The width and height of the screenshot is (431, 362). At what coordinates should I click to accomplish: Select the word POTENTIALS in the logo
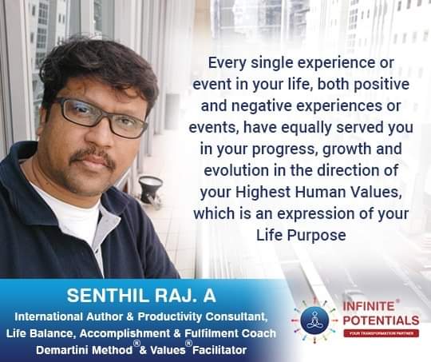381,320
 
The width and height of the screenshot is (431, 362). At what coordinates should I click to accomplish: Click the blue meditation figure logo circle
314,320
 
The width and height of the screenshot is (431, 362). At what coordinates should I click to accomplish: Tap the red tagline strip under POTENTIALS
381,333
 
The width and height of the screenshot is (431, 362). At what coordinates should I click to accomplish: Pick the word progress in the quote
284,149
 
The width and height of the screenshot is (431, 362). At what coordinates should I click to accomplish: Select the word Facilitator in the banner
219,350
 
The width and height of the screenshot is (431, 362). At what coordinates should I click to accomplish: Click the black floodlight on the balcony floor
150,189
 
